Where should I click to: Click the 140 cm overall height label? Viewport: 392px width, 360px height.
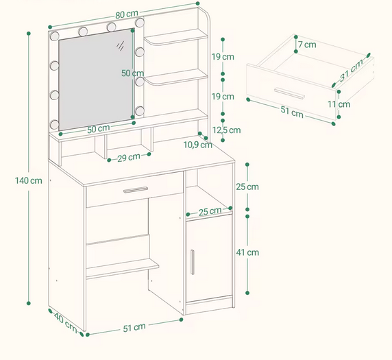click(x=29, y=180)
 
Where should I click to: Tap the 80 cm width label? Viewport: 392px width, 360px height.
click(x=127, y=14)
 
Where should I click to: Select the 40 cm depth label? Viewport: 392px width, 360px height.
click(x=66, y=323)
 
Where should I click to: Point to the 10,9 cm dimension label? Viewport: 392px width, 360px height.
click(x=198, y=145)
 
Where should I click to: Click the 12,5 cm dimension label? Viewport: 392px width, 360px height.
click(x=227, y=130)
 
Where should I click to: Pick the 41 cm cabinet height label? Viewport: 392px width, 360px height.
click(x=247, y=252)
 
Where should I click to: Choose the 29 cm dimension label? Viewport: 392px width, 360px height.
click(x=129, y=158)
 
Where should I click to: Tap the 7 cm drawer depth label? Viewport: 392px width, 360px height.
click(x=307, y=45)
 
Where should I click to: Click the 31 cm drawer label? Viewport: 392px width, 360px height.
click(x=352, y=70)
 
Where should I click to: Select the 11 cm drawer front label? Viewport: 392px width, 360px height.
click(x=339, y=104)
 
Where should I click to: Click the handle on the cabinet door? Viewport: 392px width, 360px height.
click(x=193, y=262)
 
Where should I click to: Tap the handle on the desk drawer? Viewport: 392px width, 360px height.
click(x=136, y=190)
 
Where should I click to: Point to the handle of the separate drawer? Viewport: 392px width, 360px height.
click(x=289, y=93)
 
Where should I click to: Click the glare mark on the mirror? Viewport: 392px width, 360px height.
click(x=120, y=46)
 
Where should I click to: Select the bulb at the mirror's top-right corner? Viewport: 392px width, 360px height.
click(x=140, y=22)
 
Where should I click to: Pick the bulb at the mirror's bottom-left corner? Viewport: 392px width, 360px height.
click(x=54, y=124)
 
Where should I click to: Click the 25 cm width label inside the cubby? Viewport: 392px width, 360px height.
click(x=210, y=212)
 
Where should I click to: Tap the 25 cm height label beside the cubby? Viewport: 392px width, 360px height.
click(x=247, y=187)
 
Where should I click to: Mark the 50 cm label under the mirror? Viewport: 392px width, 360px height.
click(x=99, y=129)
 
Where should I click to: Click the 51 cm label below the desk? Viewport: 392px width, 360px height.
click(x=134, y=328)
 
